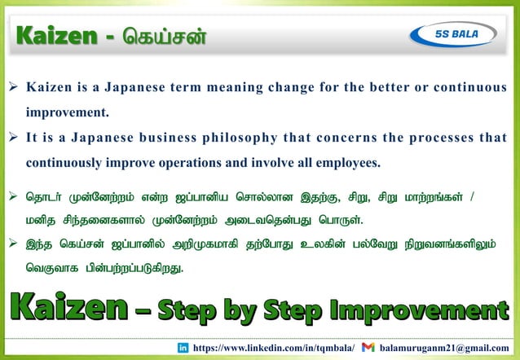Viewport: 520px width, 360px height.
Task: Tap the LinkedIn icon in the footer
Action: pyautogui.click(x=183, y=348)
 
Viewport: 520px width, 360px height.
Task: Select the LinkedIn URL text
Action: pyautogui.click(x=275, y=348)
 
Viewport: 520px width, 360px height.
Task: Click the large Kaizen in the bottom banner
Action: pyautogui.click(x=68, y=309)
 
